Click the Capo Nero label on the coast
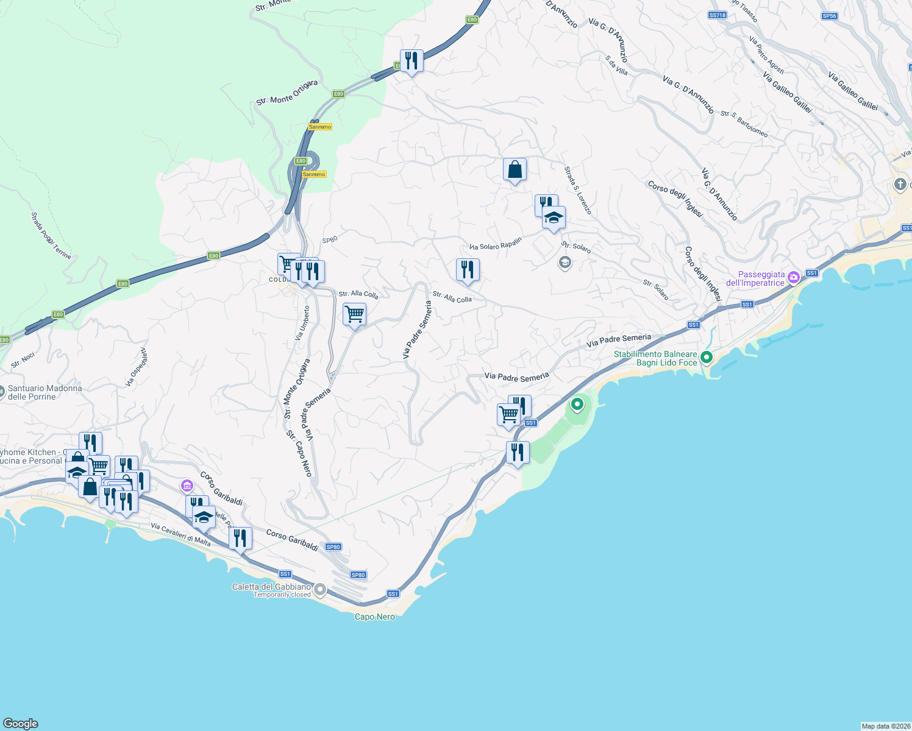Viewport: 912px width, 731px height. click(x=375, y=617)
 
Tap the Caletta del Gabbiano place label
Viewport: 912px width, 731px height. click(x=271, y=587)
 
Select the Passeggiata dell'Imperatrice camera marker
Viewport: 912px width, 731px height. click(x=793, y=278)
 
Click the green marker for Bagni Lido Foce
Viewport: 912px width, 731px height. click(x=707, y=358)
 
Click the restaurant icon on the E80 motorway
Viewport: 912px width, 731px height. click(x=411, y=60)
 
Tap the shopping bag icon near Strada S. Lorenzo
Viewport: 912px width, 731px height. click(x=515, y=169)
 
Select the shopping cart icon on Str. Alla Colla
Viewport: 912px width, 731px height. click(x=354, y=315)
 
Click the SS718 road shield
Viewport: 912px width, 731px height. click(x=718, y=15)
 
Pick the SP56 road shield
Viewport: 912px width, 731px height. click(x=829, y=16)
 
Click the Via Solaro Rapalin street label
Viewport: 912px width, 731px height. click(x=496, y=244)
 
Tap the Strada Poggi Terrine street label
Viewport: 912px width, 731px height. click(x=51, y=236)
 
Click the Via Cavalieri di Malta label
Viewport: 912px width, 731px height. click(x=180, y=535)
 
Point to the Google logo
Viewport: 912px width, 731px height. click(x=21, y=724)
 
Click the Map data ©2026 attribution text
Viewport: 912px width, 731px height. click(x=885, y=726)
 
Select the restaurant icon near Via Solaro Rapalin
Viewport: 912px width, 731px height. click(x=468, y=269)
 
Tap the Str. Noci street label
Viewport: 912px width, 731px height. click(x=23, y=360)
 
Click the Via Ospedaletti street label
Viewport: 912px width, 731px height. click(x=137, y=367)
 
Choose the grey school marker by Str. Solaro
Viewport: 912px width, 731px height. click(x=565, y=263)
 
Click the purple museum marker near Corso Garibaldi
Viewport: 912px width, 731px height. click(x=187, y=486)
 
